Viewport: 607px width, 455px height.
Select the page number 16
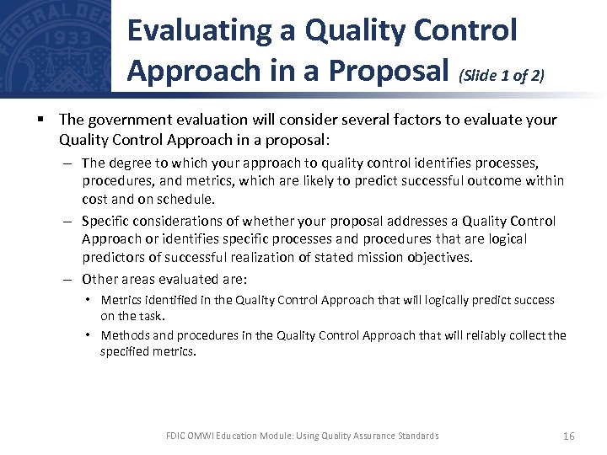[x=568, y=436]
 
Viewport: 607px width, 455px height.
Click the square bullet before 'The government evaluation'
[x=41, y=120]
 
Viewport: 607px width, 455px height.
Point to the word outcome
[x=476, y=180]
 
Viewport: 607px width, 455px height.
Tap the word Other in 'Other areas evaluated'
[x=99, y=279]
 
